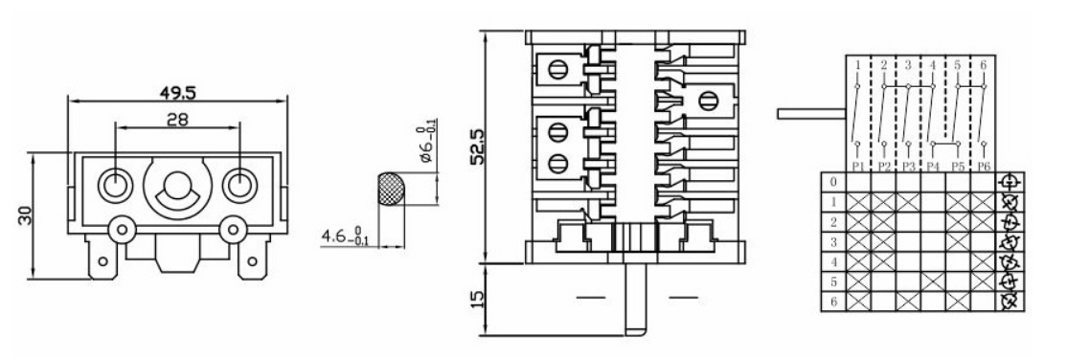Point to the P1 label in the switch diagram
pyautogui.click(x=858, y=167)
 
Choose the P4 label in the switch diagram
pyautogui.click(x=932, y=167)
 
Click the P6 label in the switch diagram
pyautogui.click(x=982, y=167)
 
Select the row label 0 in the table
pyautogui.click(x=832, y=182)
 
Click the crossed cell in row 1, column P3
pyautogui.click(x=907, y=202)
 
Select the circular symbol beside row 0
pyautogui.click(x=1008, y=182)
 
